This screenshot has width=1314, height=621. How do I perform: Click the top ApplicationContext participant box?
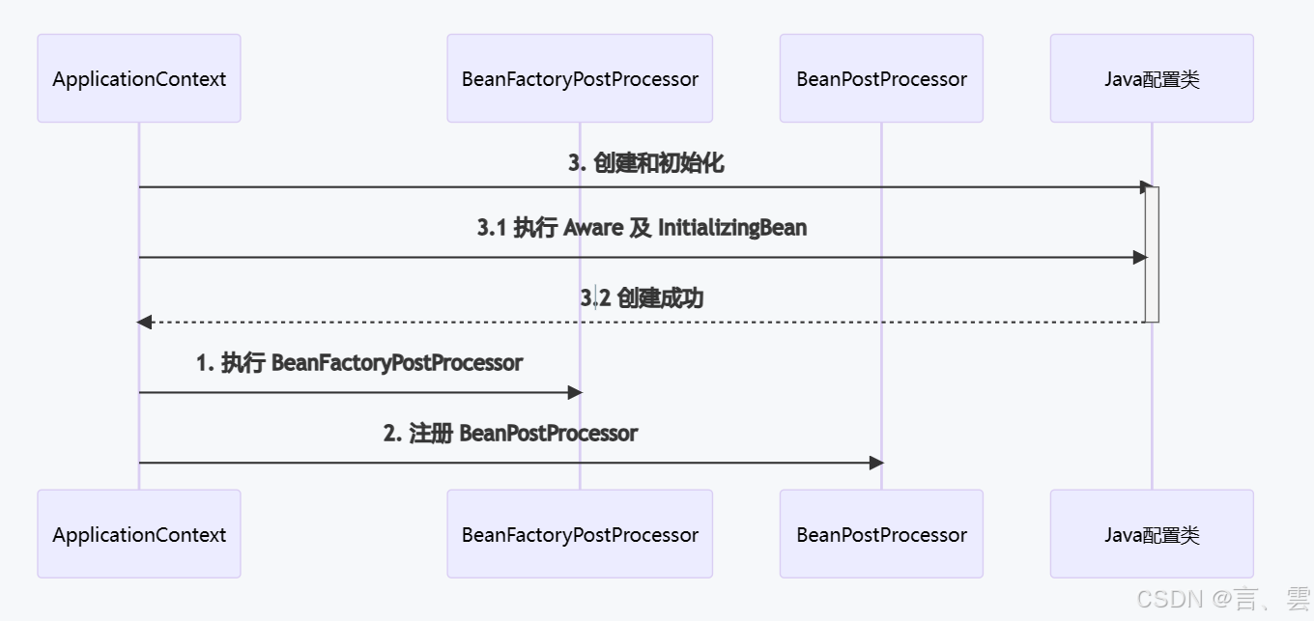click(139, 78)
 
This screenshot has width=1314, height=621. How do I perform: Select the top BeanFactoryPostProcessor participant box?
click(580, 78)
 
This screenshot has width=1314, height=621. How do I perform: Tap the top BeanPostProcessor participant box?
click(881, 78)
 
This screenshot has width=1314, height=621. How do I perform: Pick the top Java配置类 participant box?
click(1152, 78)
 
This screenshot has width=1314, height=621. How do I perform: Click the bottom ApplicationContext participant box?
click(139, 534)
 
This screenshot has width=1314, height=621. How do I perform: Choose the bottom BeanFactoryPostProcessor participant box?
click(580, 534)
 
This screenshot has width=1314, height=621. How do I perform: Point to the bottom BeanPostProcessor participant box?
click(881, 534)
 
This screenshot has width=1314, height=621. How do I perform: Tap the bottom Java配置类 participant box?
click(1152, 534)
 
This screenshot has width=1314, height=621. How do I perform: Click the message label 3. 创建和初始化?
click(645, 163)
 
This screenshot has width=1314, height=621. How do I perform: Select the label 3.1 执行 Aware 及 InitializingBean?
click(642, 228)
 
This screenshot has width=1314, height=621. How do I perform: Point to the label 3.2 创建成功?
click(642, 298)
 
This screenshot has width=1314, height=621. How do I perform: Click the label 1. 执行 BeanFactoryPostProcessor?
click(359, 363)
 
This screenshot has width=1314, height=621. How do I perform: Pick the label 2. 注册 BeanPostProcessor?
click(510, 433)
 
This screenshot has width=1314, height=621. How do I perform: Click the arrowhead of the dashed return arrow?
click(145, 322)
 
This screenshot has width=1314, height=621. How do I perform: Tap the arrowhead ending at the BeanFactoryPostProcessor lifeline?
click(575, 392)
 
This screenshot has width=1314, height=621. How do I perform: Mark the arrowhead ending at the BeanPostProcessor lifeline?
click(876, 463)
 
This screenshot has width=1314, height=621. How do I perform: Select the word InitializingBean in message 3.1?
click(732, 228)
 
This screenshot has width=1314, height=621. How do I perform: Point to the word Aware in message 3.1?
click(592, 228)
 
